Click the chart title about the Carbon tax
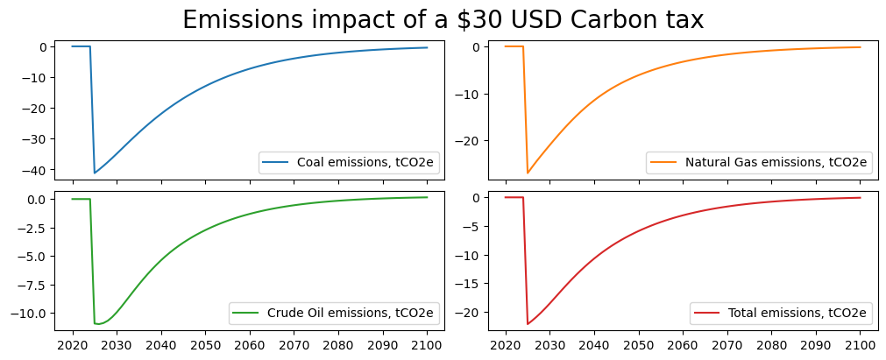pos(443,20)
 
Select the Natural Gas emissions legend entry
pos(758,162)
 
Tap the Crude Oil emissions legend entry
pos(336,313)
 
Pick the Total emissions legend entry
pos(780,313)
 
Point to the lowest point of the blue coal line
pos(95,173)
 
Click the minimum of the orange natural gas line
pos(528,173)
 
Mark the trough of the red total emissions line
pos(528,324)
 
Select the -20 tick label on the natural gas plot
pos(479,142)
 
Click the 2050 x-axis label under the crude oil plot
pos(205,346)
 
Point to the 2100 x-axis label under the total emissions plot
pos(860,346)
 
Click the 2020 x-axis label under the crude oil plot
pos(72,346)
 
